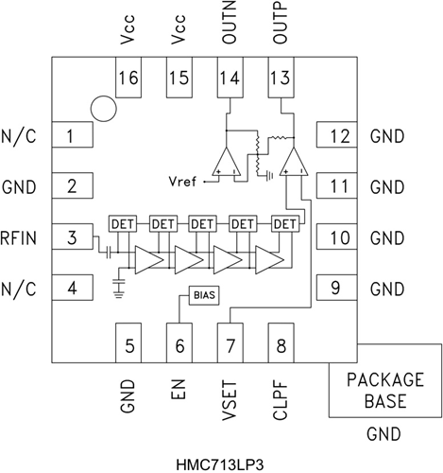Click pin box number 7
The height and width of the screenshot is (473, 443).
(230, 340)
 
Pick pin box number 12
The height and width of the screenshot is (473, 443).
(336, 136)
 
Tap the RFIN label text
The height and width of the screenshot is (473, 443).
(18, 236)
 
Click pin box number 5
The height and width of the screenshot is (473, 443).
(128, 340)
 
